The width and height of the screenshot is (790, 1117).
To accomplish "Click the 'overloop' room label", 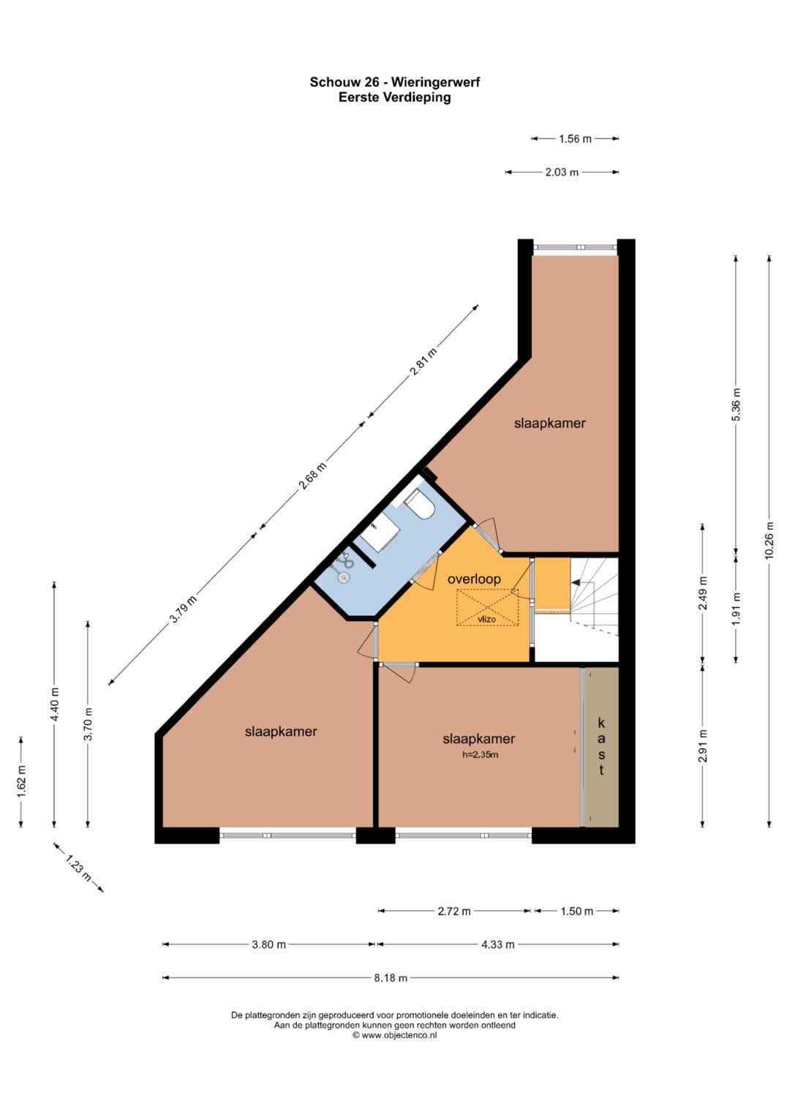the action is pyautogui.click(x=474, y=579).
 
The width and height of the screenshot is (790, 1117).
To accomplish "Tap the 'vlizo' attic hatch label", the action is pyautogui.click(x=486, y=620).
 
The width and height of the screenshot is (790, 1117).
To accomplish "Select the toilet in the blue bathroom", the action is pyautogui.click(x=419, y=505).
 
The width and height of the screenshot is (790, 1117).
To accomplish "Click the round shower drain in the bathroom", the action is pyautogui.click(x=344, y=577).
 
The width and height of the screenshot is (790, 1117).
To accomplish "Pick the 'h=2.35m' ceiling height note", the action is pyautogui.click(x=480, y=755).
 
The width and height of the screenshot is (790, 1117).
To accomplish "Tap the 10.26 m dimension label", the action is pyautogui.click(x=770, y=541).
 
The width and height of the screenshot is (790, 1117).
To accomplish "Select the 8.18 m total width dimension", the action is pyautogui.click(x=391, y=978).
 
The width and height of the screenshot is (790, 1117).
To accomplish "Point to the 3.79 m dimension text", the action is pyautogui.click(x=184, y=609).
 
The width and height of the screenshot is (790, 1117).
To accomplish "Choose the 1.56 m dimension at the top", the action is pyautogui.click(x=575, y=139).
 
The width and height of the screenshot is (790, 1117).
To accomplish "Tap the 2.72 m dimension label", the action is pyautogui.click(x=454, y=911).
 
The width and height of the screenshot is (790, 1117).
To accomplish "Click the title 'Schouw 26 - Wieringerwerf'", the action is pyautogui.click(x=394, y=82).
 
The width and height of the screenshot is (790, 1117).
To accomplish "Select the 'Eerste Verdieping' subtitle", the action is pyautogui.click(x=394, y=97).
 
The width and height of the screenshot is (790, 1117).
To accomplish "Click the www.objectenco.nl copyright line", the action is pyautogui.click(x=394, y=1035).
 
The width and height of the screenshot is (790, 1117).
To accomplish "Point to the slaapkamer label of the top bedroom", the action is pyautogui.click(x=549, y=424).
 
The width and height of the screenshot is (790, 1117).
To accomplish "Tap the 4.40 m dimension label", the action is pyautogui.click(x=55, y=704).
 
